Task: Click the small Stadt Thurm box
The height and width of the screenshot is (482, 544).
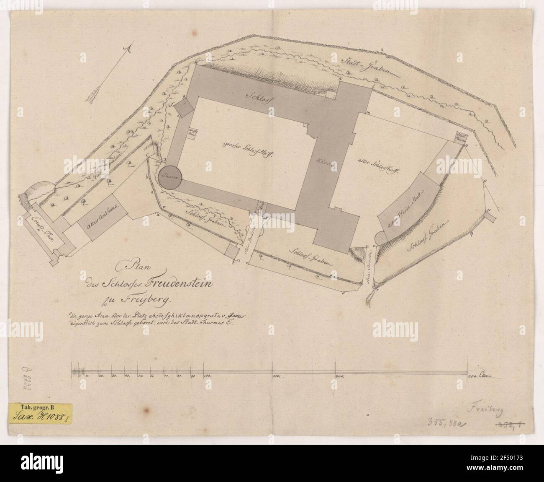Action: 460,137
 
